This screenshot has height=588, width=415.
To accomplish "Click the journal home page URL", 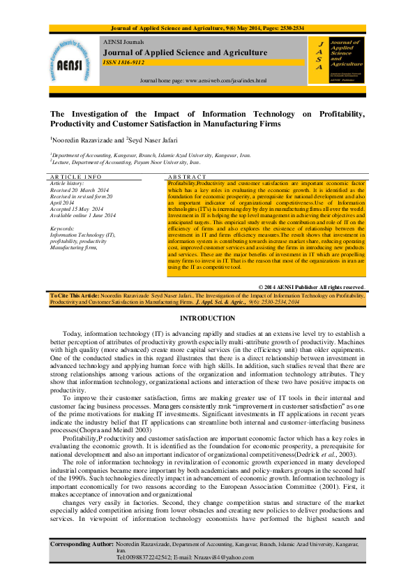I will pos(203,81).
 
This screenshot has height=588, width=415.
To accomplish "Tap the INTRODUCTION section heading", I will pos(207,318).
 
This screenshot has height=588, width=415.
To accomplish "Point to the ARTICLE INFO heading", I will pos(76,177).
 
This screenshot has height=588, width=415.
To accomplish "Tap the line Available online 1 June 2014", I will pos(83,215).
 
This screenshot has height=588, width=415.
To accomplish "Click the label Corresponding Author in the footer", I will pos(82,543).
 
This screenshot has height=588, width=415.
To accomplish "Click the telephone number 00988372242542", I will pos(149,557).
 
